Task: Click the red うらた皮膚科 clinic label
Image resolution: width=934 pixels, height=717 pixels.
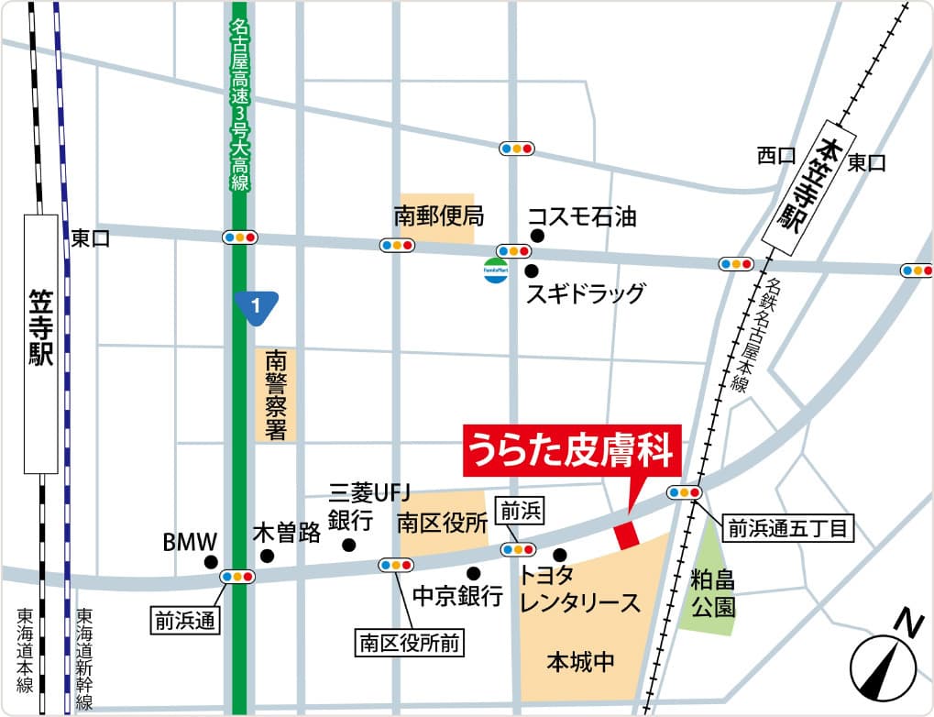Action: [572, 452]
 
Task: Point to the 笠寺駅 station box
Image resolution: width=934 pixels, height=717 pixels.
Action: [41, 344]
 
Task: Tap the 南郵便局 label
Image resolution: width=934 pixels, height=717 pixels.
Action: [438, 217]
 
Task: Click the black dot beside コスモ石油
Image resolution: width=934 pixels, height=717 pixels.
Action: [537, 236]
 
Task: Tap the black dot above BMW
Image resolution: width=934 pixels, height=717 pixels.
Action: [211, 562]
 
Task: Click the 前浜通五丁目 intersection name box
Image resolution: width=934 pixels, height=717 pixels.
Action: [789, 527]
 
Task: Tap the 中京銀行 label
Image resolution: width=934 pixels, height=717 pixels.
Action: [457, 596]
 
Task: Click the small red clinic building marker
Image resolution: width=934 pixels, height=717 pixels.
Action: [626, 535]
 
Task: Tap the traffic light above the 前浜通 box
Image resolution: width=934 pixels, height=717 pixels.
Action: [237, 577]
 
